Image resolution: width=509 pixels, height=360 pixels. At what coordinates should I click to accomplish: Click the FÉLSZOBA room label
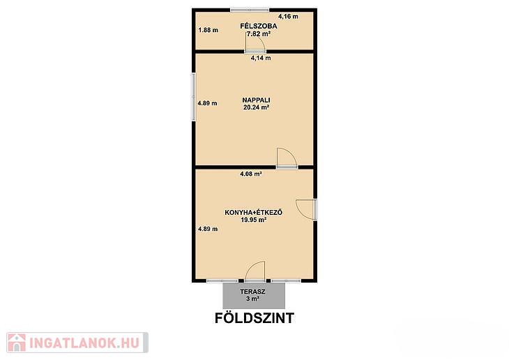[x=259, y=26]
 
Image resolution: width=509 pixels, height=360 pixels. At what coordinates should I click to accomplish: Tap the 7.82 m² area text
[x=259, y=33]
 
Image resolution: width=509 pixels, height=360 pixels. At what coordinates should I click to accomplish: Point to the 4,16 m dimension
[x=288, y=16]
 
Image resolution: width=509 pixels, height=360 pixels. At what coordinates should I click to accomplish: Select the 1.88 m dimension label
[x=208, y=30]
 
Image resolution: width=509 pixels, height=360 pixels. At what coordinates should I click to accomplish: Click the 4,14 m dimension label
[x=261, y=58]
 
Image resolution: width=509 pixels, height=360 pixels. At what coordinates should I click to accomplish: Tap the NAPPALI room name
[x=256, y=100]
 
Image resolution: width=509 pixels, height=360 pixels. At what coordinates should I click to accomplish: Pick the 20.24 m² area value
[x=256, y=107]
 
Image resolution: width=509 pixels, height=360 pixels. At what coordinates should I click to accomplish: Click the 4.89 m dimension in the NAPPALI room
[x=207, y=103]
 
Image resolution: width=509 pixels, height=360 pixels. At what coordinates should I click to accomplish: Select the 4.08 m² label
[x=251, y=174]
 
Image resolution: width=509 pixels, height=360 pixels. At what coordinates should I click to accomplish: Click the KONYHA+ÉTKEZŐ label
[x=254, y=213]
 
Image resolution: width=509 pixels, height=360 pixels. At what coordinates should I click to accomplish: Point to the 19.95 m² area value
[x=254, y=220]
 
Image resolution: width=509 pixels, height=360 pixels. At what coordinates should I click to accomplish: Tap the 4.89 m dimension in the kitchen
[x=208, y=229]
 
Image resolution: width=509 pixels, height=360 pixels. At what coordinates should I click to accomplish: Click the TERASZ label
[x=252, y=292]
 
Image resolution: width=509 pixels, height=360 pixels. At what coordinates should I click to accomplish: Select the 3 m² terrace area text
[x=252, y=299]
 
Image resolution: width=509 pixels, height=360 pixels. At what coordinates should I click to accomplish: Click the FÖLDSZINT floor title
[x=254, y=318]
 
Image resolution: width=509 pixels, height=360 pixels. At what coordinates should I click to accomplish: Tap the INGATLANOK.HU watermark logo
[x=77, y=343]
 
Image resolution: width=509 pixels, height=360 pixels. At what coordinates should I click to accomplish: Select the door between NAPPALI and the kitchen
[x=287, y=158]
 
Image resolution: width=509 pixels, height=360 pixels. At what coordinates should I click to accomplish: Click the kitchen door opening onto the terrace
[x=255, y=271]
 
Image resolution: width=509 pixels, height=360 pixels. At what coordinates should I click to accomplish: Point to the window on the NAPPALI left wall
[x=193, y=97]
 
